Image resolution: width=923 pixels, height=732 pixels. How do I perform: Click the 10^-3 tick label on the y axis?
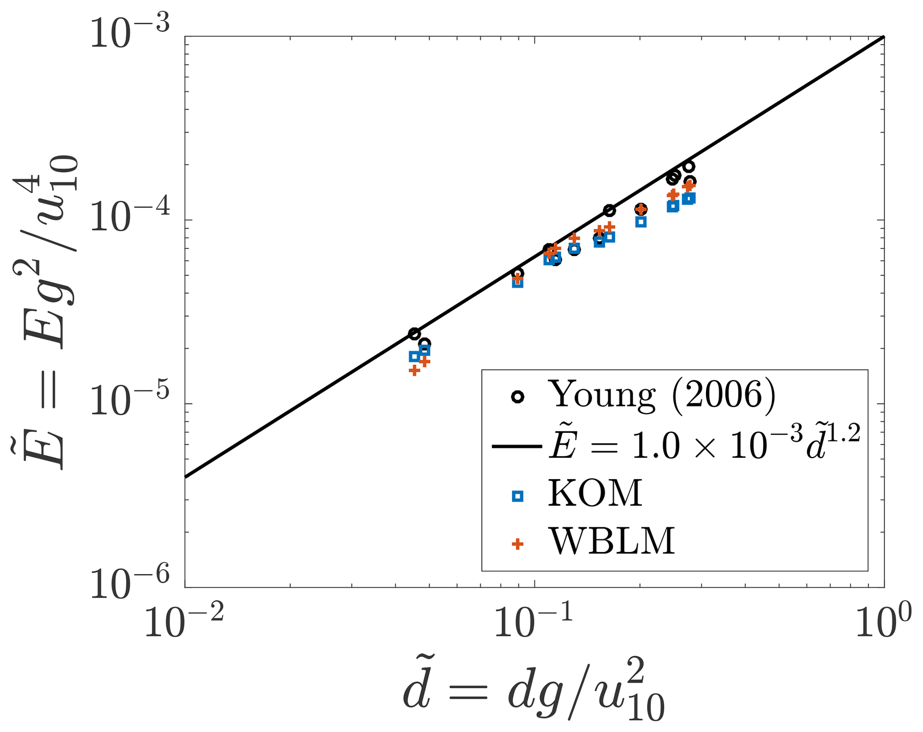click(130, 32)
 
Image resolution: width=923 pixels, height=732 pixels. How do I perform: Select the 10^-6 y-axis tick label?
click(130, 583)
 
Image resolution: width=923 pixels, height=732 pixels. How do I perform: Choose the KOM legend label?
click(595, 494)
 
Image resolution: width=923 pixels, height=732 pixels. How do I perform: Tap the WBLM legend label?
click(611, 542)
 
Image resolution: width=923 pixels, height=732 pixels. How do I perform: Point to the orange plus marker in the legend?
click(518, 544)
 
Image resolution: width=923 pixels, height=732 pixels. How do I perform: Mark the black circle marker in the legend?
click(518, 397)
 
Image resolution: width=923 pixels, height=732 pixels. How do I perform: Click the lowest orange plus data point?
click(414, 370)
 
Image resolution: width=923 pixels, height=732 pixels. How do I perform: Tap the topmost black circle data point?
click(689, 167)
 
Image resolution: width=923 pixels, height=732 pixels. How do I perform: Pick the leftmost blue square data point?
click(414, 356)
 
